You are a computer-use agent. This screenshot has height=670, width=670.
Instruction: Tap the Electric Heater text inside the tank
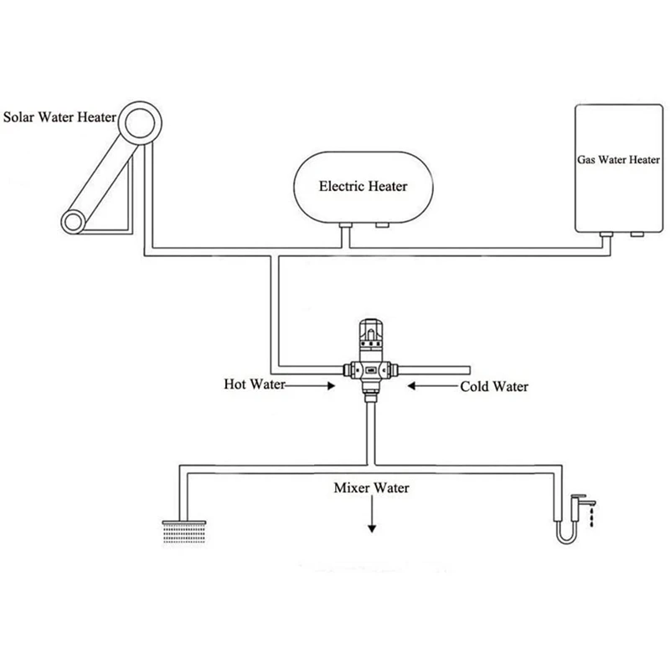(x=363, y=187)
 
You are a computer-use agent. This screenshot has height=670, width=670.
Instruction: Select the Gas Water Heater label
(x=618, y=157)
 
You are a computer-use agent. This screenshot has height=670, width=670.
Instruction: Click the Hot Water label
(x=255, y=385)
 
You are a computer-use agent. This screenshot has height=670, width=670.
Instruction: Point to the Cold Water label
(x=494, y=387)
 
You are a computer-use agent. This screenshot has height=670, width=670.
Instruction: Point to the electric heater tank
(x=363, y=186)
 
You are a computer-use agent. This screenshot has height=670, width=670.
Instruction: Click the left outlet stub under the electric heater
(x=345, y=229)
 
